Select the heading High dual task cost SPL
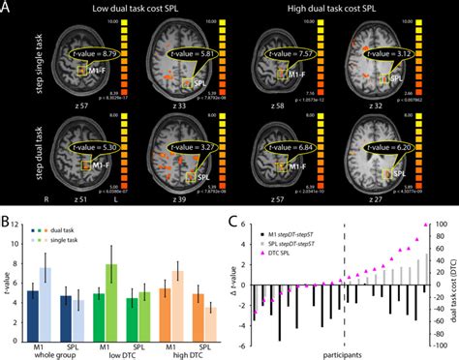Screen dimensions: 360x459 coord(333,8)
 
